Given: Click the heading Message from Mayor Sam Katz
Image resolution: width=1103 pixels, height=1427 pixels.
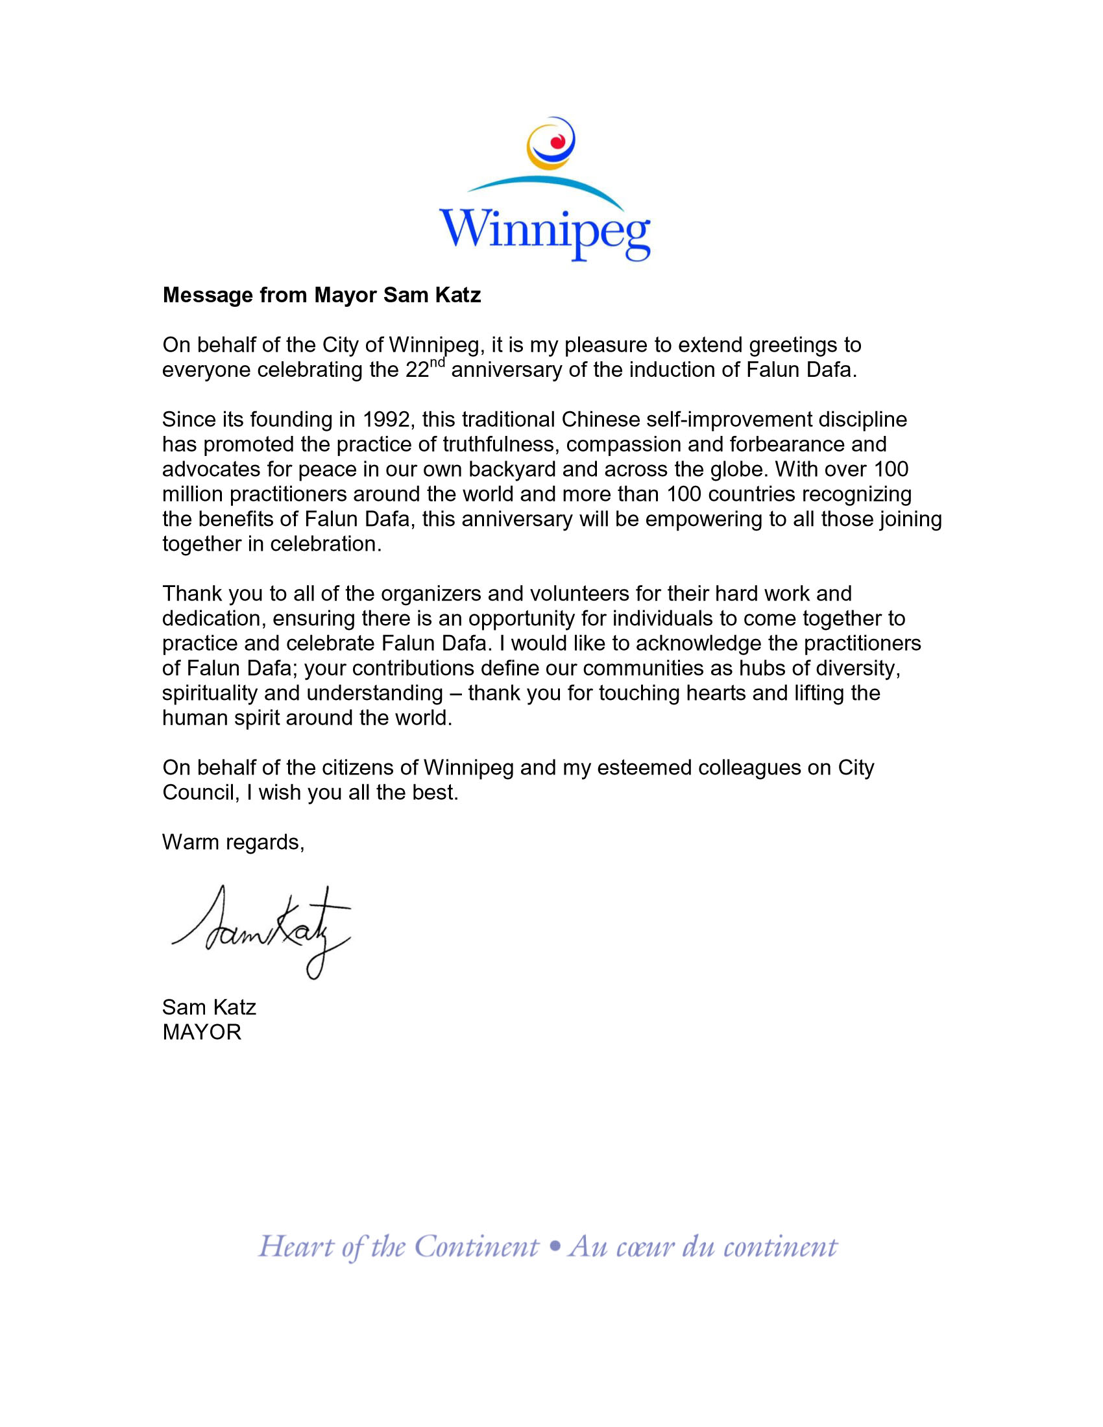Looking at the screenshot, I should [x=321, y=295].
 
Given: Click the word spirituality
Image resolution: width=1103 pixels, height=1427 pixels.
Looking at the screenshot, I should [x=210, y=693].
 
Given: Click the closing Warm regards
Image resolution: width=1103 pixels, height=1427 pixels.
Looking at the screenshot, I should [x=234, y=842].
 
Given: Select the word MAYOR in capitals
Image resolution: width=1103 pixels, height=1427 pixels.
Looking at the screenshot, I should [x=202, y=1033].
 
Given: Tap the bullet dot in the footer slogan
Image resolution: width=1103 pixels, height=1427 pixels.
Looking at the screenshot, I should [x=555, y=1247].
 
